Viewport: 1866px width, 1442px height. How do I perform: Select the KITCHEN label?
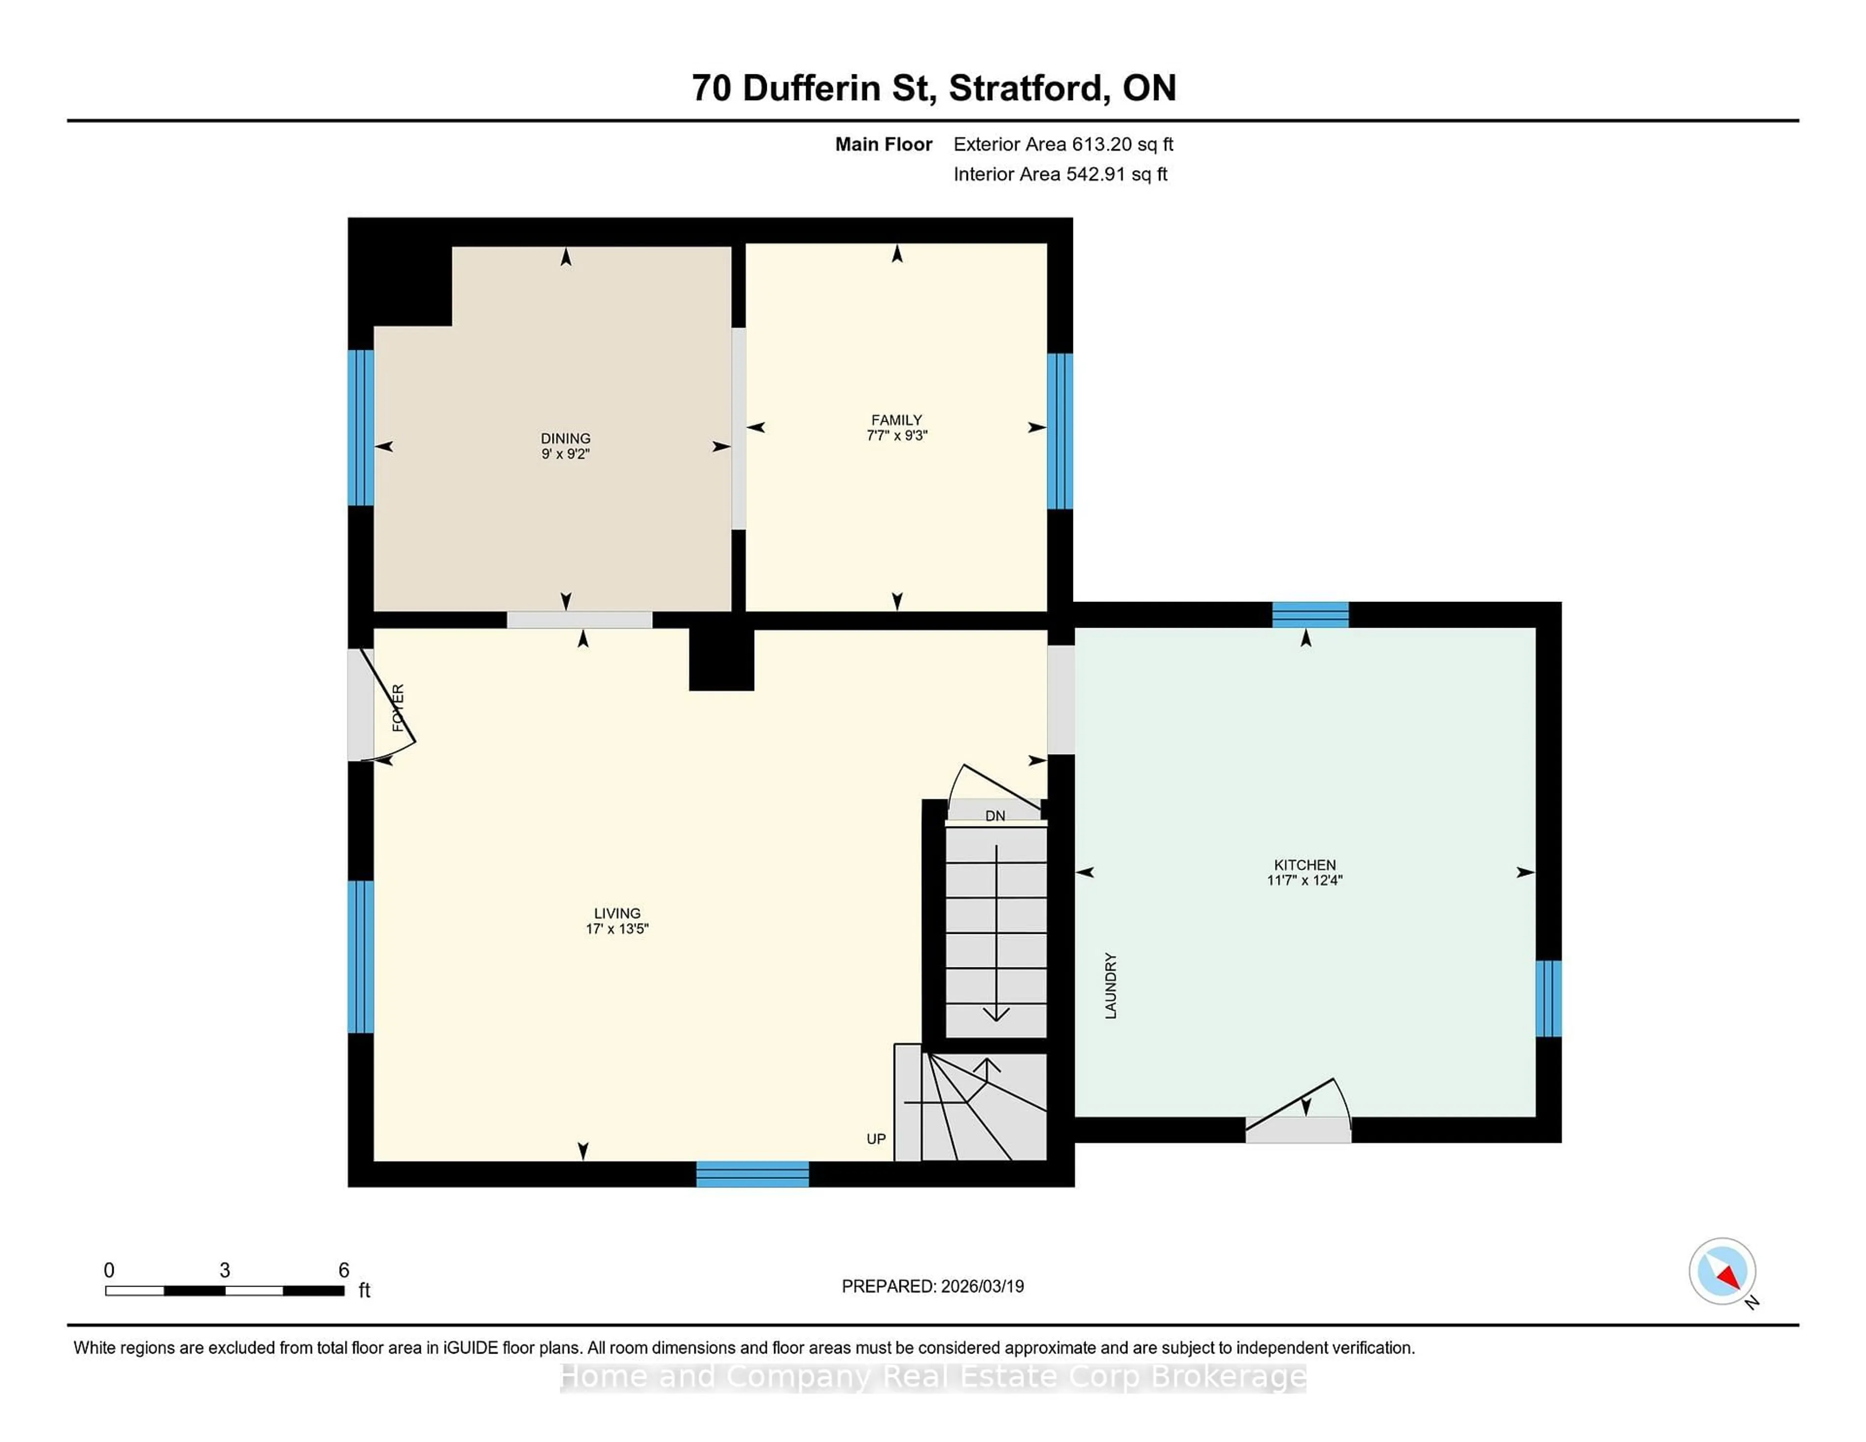coord(1305,864)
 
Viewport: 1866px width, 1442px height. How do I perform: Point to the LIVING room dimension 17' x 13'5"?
coord(617,928)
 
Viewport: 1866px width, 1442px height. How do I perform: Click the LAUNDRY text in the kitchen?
coord(1111,985)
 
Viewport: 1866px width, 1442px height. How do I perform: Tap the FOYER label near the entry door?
coord(398,707)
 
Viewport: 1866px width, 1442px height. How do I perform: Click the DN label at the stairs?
coord(995,816)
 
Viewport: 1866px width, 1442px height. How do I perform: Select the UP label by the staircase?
coord(876,1139)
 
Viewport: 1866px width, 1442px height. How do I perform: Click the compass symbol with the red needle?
coord(1722,1271)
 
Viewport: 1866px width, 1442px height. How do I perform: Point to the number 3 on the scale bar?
coord(225,1270)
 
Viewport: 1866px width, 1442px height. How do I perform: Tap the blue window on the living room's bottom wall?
coord(752,1174)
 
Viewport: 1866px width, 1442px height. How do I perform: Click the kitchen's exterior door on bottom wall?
coord(1298,1129)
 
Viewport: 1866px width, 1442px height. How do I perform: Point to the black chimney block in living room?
coord(721,659)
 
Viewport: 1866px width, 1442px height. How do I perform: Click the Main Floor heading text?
coord(883,144)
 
